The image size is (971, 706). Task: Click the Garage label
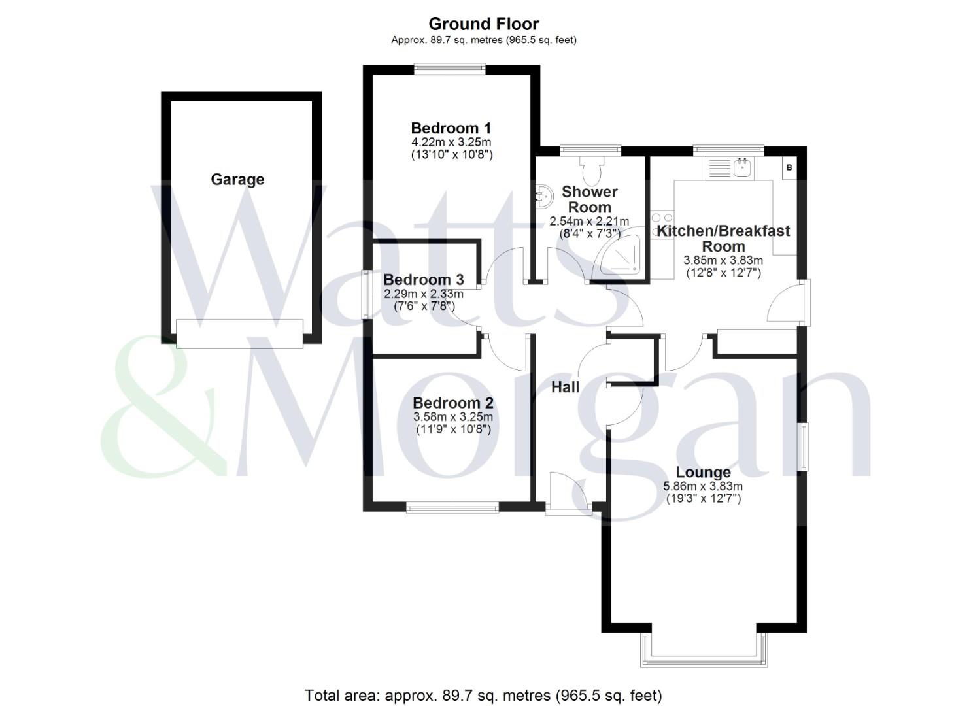[237, 180]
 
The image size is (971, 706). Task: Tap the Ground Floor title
[483, 24]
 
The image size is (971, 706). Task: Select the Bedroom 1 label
[451, 128]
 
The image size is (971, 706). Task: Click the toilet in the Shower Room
[593, 169]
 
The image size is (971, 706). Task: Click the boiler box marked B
[789, 168]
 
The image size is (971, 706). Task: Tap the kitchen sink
[743, 168]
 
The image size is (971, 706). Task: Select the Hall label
[565, 387]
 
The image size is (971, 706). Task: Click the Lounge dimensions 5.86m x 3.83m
[703, 486]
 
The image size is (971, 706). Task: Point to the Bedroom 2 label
[452, 403]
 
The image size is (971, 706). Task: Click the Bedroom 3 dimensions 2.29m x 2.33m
[424, 294]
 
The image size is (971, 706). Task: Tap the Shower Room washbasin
[543, 195]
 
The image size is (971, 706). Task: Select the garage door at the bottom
[239, 333]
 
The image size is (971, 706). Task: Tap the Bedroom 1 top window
[450, 69]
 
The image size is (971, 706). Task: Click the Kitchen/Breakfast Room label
[723, 239]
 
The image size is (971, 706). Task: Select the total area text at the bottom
[483, 695]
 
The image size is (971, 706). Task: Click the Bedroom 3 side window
[367, 294]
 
